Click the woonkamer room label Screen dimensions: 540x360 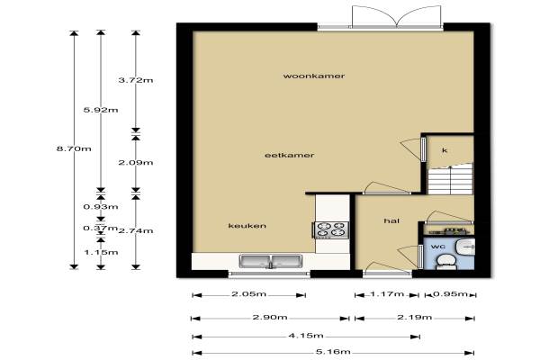click(314, 76)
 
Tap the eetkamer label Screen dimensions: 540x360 click(289, 156)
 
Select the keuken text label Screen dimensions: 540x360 click(247, 226)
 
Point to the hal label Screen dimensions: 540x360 click(391, 220)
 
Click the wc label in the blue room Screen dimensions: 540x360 click(437, 247)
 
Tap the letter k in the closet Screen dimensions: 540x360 click(445, 150)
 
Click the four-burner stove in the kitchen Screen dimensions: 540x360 click(330, 229)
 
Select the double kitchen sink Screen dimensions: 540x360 click(271, 261)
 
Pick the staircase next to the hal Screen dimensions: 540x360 click(450, 179)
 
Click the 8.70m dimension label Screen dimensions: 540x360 click(74, 148)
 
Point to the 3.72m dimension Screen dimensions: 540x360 click(136, 80)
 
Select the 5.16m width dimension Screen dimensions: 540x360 click(333, 352)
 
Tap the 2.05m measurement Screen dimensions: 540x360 click(248, 294)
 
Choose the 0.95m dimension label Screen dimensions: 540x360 click(451, 294)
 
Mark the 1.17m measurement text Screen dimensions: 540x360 click(387, 294)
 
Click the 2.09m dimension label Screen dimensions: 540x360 click(136, 163)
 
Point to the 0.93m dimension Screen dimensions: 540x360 click(101, 207)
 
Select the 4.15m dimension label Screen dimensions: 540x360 click(306, 335)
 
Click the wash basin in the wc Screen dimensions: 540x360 click(465, 247)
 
